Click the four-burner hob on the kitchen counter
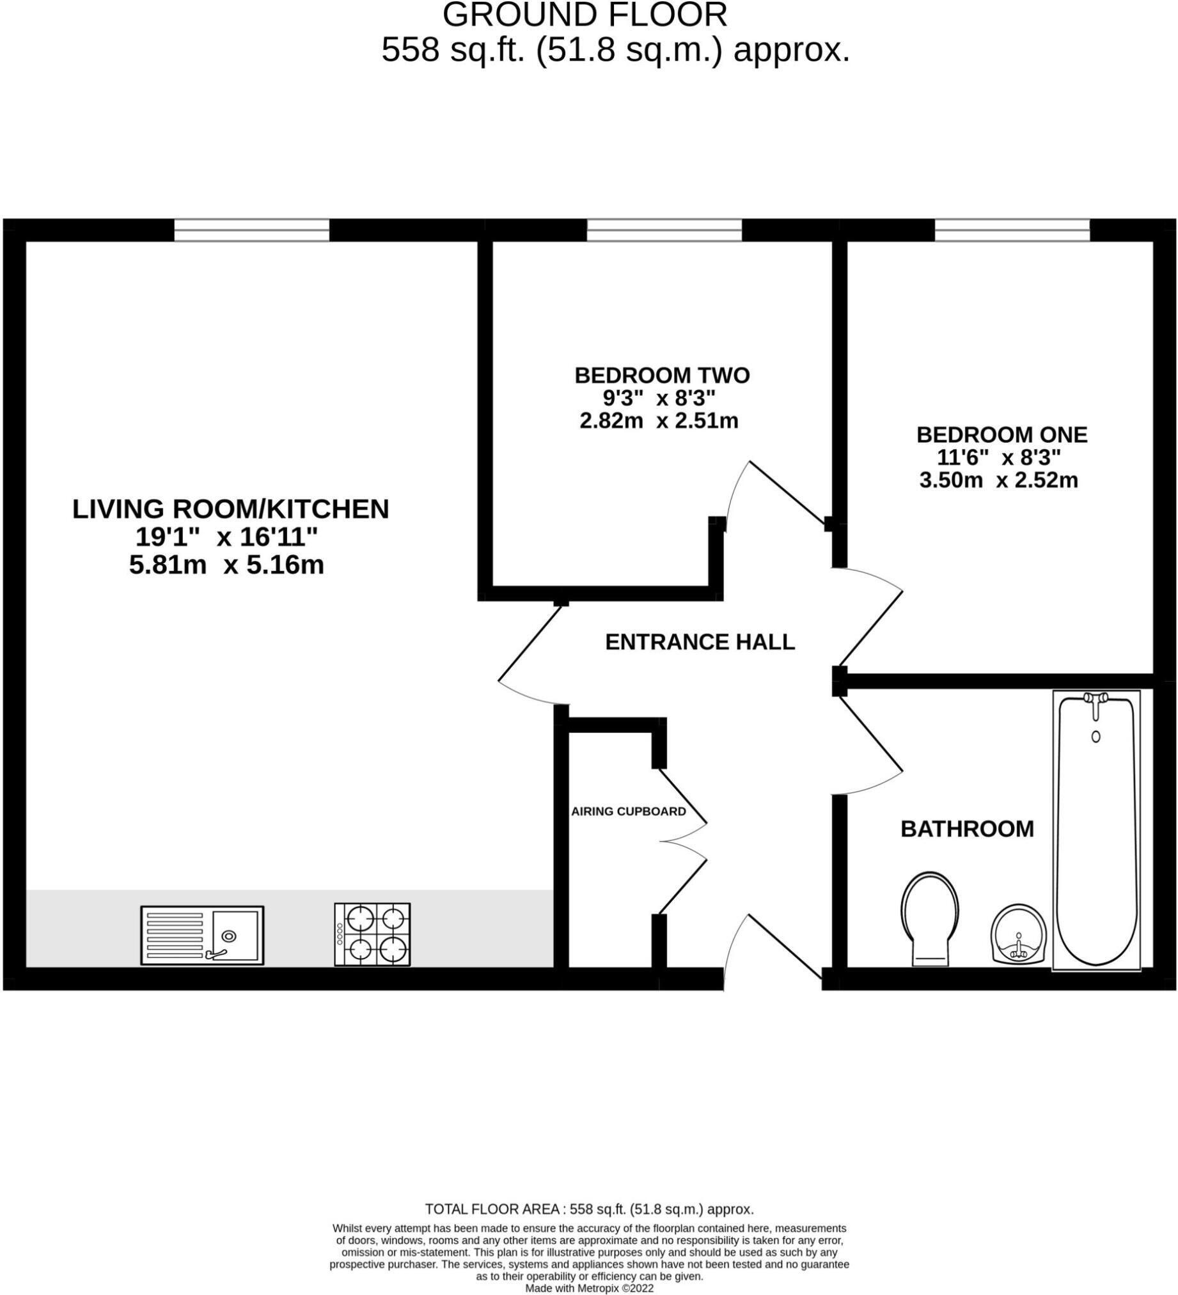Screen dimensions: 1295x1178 click(372, 934)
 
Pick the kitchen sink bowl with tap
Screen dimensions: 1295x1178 click(236, 935)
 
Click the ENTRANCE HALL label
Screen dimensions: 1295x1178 click(700, 641)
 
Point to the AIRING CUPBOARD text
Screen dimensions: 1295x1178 click(629, 812)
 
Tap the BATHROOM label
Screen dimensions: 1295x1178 click(968, 829)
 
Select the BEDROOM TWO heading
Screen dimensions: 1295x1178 click(661, 375)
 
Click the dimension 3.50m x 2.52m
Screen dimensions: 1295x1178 click(999, 480)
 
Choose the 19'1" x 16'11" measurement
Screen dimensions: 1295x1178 click(227, 537)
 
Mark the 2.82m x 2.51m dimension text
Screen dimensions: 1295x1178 click(659, 421)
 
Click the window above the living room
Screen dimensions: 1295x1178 click(252, 230)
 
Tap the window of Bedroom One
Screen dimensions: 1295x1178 click(1012, 230)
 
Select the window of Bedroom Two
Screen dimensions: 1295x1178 click(664, 230)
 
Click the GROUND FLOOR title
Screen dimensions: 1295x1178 click(585, 15)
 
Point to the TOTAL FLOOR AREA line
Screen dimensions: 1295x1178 click(589, 1209)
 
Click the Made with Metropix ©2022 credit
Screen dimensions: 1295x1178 click(589, 1289)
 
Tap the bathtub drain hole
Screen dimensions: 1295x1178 click(1096, 737)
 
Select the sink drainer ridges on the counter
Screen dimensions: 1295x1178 click(175, 935)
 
